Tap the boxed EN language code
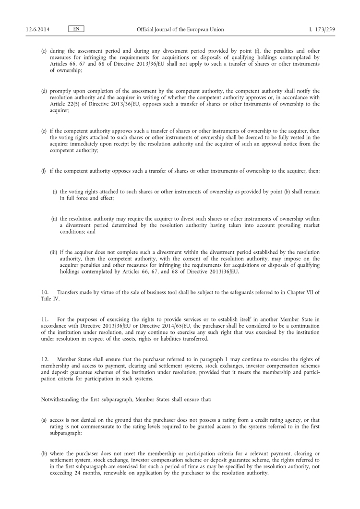[76, 29]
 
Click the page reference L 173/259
[323, 29]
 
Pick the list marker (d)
[44, 91]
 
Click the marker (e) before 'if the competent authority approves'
[44, 131]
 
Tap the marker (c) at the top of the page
[44, 50]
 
